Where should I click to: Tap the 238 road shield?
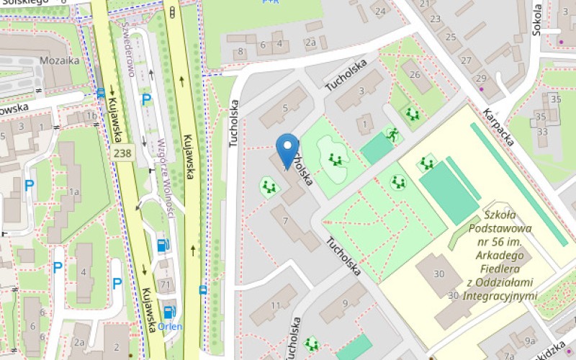click(122, 153)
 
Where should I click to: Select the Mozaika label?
click(60, 60)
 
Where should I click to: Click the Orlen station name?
click(171, 325)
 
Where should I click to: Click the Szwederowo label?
click(129, 47)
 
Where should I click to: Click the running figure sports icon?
click(392, 134)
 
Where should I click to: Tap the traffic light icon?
click(172, 12)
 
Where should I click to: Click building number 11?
click(275, 305)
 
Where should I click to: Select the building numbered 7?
click(286, 220)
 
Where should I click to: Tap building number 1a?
click(73, 192)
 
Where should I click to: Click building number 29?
click(480, 78)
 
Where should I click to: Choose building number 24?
click(379, 12)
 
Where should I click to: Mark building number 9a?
click(531, 341)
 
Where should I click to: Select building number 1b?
click(91, 115)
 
